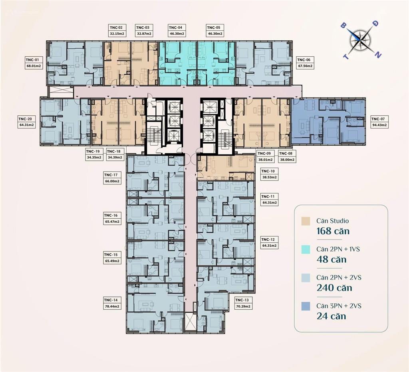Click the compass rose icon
pos(361,39)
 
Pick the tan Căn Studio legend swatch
pos(306,221)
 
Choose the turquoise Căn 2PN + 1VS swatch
pos(306,249)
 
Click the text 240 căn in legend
pos(334,288)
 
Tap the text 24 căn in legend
pos(331,316)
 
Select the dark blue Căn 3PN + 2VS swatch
pos(306,306)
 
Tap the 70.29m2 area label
pos(243,307)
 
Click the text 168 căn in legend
pos(333,231)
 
